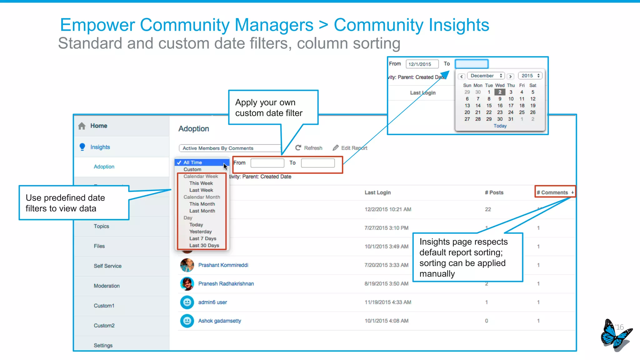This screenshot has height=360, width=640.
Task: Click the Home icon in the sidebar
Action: (82, 126)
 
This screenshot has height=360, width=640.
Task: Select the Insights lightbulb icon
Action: (82, 147)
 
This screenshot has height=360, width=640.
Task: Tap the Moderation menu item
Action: (107, 286)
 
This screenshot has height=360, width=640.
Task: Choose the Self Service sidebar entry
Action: (107, 266)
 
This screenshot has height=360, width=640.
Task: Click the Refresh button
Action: (309, 148)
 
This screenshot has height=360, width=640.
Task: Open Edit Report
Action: (350, 148)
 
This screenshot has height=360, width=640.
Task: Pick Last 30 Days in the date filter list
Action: (204, 246)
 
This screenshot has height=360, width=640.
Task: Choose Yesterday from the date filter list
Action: (200, 232)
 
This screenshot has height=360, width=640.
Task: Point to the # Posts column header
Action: (494, 192)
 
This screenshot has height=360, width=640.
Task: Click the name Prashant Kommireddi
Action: (223, 265)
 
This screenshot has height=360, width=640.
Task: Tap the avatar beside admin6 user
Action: (187, 302)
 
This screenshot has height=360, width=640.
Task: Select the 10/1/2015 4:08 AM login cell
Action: (386, 321)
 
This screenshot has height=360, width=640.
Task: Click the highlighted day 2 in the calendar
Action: (500, 92)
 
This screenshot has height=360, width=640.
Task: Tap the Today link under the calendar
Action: (500, 126)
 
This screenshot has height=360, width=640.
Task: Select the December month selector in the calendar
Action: (486, 76)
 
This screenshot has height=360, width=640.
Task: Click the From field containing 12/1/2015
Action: (422, 64)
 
